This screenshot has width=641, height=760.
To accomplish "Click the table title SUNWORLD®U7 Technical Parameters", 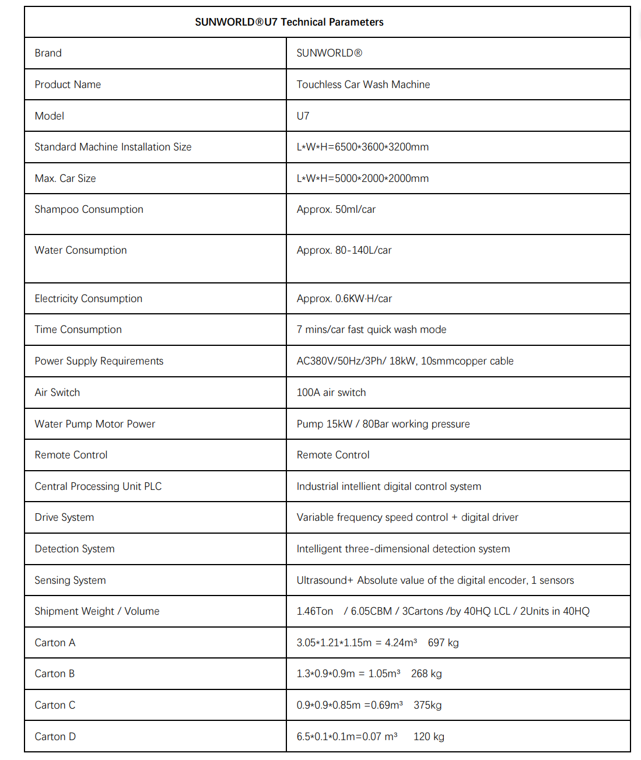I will click(x=289, y=22).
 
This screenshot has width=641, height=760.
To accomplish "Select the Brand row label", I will click(x=48, y=53).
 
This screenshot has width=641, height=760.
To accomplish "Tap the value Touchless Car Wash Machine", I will click(x=363, y=85).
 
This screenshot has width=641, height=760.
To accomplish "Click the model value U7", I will click(x=303, y=116).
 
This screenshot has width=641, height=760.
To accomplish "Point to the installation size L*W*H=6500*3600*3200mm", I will click(x=362, y=147).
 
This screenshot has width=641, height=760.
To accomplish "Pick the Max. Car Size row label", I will click(x=65, y=178).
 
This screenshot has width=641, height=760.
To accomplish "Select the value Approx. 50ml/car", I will click(x=336, y=209).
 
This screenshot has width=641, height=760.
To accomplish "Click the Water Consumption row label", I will click(x=80, y=250).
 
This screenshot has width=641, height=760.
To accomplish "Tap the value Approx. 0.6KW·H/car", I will click(x=344, y=299).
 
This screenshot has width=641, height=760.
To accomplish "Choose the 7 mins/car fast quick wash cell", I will click(x=371, y=330).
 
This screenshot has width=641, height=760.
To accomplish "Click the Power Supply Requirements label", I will click(x=99, y=361).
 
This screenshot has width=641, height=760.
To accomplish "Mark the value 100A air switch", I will click(x=331, y=393).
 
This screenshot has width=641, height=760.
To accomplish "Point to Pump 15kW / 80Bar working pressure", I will click(x=383, y=424).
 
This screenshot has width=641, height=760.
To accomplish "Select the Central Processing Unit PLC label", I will click(x=98, y=486).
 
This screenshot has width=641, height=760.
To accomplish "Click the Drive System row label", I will click(x=64, y=517).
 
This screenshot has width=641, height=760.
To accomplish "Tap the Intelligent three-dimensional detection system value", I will click(x=403, y=549).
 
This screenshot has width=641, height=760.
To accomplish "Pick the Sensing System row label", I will click(x=70, y=580).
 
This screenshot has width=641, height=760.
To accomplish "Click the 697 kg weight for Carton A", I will click(x=443, y=643).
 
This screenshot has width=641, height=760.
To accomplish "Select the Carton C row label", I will click(x=55, y=705).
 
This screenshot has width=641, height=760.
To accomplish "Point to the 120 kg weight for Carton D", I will click(x=429, y=737).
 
